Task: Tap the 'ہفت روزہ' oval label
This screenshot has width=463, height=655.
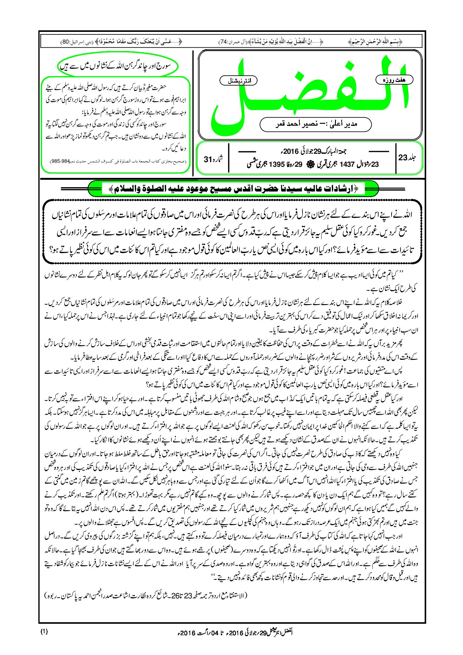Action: pos(394,80)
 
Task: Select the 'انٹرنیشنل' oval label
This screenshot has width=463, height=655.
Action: pos(238,81)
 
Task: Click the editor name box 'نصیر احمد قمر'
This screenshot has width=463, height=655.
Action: pos(315,124)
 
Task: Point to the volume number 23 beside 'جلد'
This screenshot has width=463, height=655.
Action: pos(403,157)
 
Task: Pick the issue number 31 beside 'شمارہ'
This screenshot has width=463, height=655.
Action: pos(208,159)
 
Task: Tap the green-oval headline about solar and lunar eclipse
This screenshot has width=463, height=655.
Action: pos(118,66)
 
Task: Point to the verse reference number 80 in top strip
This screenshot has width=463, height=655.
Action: pos(66,41)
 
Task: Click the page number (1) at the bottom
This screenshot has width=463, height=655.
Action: pos(44,631)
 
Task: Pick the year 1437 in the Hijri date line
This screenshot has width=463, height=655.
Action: pos(346,165)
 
